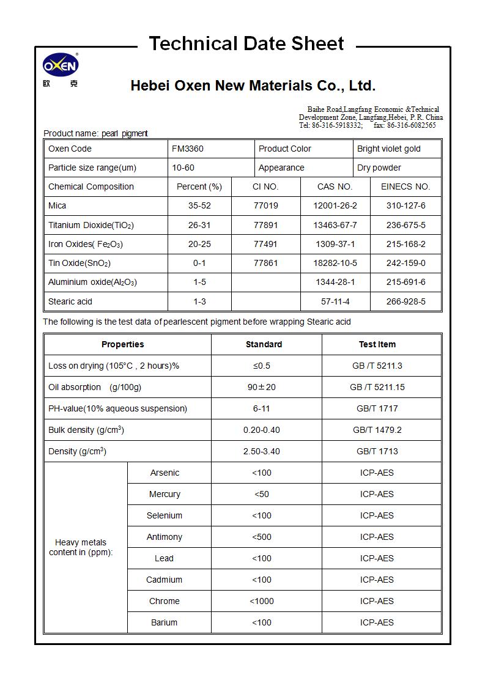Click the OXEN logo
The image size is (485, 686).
[60, 65]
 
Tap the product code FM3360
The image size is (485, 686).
[188, 149]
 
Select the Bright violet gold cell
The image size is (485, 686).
[389, 149]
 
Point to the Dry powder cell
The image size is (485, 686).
[379, 168]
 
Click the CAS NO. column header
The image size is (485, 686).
[335, 186]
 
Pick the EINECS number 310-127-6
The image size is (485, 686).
[405, 205]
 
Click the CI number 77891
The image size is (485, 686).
[265, 225]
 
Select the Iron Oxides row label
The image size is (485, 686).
[86, 244]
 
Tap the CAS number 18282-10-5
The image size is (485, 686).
[335, 263]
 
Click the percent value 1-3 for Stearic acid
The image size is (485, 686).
[199, 301]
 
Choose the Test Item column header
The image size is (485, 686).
[377, 344]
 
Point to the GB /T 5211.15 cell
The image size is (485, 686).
[377, 387]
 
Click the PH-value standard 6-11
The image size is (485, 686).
[261, 408]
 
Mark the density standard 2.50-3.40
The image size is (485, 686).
[261, 451]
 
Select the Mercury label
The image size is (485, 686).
[165, 494]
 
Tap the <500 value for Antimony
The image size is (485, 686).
[261, 537]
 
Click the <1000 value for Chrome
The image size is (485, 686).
[261, 601]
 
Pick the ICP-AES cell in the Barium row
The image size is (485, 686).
[377, 622]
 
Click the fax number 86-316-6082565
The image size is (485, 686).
[411, 125]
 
